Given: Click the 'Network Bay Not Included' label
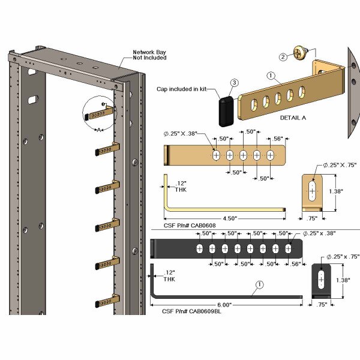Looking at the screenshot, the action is point(149,55).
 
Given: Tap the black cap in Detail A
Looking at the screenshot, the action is point(226,112).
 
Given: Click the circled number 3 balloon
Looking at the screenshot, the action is point(235,83).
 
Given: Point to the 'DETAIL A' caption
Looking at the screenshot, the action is point(293,118).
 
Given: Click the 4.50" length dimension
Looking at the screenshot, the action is point(230,218).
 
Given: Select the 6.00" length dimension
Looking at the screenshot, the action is point(224,305).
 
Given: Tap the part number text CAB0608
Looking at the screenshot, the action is point(203,226).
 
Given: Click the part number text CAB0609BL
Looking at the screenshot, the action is point(205,311).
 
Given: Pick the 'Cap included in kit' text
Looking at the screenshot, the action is point(182,89).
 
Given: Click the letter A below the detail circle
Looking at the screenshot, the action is point(99,130).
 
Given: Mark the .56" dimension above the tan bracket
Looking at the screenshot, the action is point(278,139).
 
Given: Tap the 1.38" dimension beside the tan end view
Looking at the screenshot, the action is point(336,191).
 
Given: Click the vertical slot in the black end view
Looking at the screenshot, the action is point(321,280).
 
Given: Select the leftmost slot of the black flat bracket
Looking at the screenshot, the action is point(200,248).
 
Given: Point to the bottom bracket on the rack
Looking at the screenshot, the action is point(107,301).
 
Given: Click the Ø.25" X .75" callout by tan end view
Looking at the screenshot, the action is point(340,165).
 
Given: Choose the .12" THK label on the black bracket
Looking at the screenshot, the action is point(169,276).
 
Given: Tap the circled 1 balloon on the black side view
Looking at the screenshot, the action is point(259,284).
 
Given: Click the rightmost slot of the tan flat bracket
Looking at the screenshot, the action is point(271,155).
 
